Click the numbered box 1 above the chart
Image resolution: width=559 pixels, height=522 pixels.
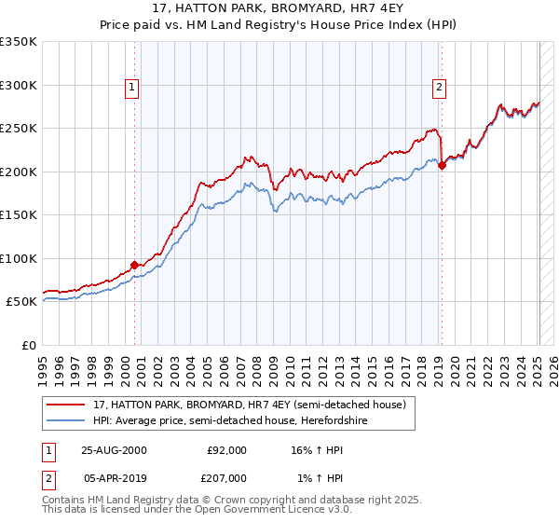131,89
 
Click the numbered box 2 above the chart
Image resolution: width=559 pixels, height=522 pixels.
438,89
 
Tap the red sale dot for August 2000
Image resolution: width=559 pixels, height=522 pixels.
134,265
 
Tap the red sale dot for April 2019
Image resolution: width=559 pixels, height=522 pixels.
442,166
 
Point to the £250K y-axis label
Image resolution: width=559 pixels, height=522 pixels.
19,129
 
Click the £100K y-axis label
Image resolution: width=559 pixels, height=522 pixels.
19,258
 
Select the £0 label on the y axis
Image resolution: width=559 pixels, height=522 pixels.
30,345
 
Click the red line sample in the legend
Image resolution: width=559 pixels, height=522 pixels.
66,405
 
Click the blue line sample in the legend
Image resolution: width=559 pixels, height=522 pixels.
66,421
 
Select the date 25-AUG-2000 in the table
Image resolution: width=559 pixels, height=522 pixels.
114,450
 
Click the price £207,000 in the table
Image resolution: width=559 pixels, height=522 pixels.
226,479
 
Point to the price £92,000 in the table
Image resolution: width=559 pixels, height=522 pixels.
226,450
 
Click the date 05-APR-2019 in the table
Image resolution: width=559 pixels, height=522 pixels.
114,479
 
